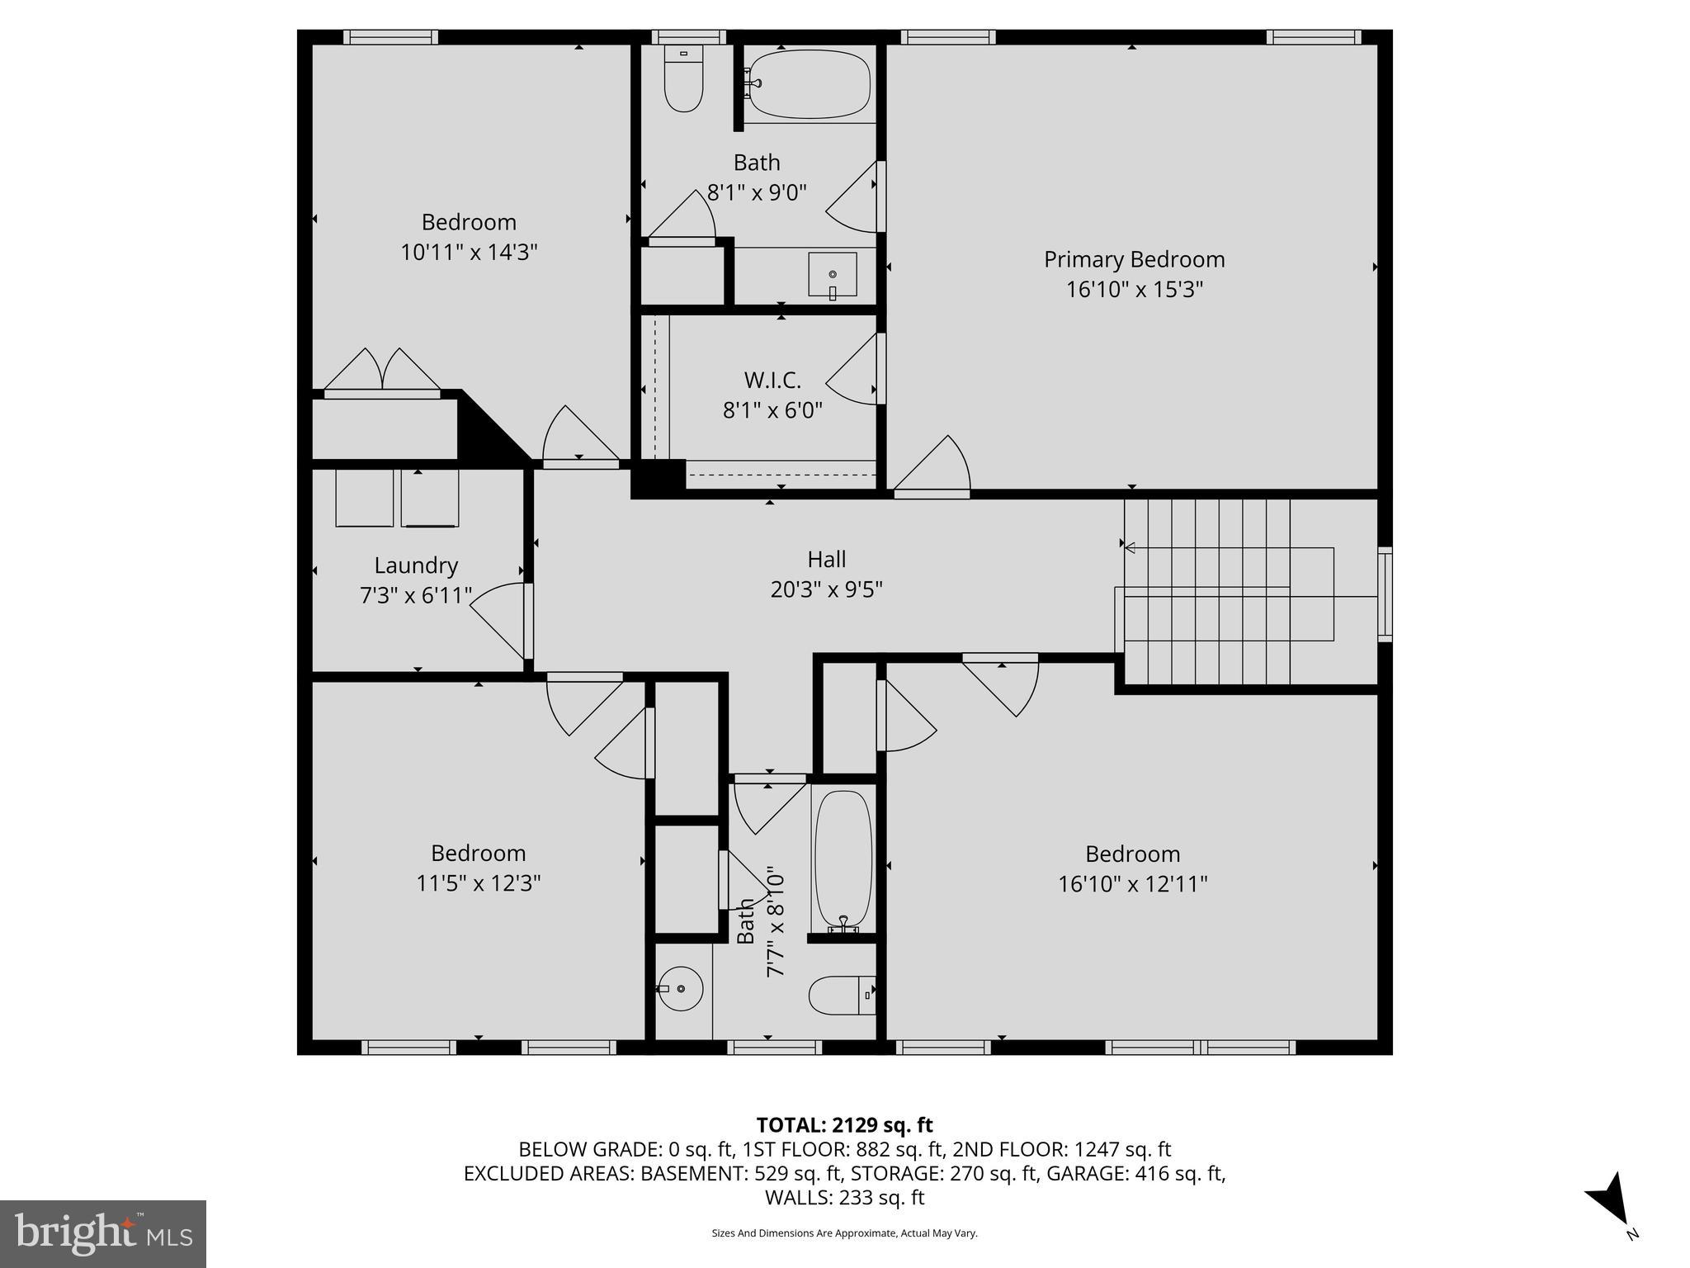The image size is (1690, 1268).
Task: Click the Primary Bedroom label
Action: [1134, 259]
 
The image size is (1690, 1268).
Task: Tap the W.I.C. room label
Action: [772, 381]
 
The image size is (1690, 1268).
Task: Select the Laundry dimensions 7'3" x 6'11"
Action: [416, 595]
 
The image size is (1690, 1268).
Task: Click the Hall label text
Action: [826, 560]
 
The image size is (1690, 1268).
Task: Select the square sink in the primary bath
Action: [832, 275]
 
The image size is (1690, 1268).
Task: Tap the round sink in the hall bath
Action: [681, 988]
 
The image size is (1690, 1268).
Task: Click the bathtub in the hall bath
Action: [843, 859]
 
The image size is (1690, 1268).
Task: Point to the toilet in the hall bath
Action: [838, 996]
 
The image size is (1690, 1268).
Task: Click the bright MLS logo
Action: [103, 1233]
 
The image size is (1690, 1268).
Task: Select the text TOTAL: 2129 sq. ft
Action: [844, 1125]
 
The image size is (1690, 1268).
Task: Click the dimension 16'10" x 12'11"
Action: [1132, 884]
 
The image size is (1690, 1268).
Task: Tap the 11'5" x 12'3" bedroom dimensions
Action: [478, 883]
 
